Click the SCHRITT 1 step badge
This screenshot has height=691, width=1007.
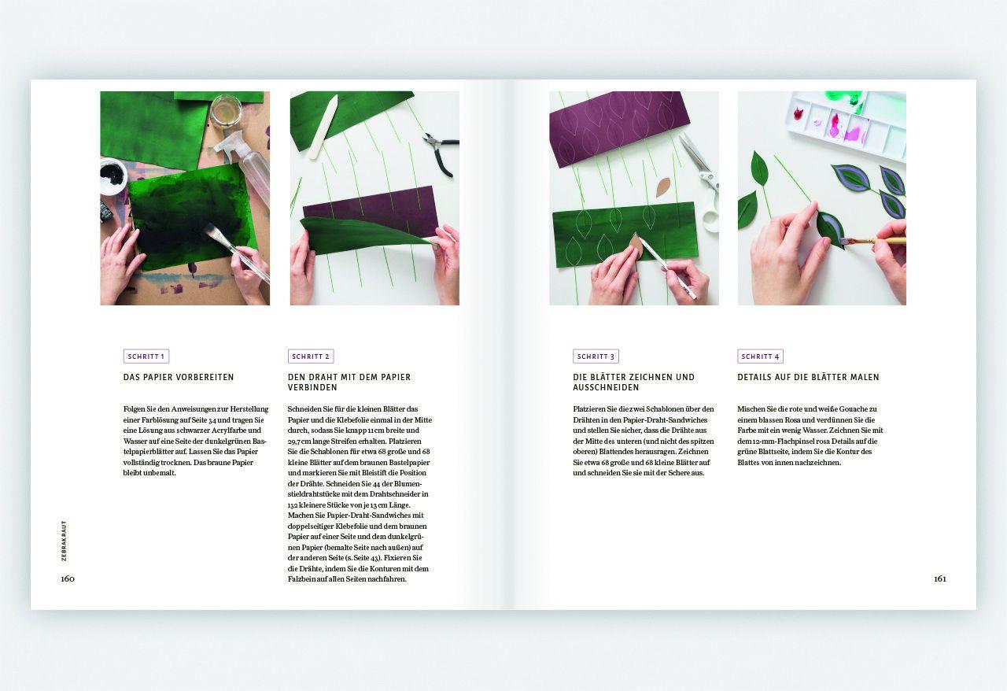[146, 357]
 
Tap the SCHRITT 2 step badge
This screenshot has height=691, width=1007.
[311, 357]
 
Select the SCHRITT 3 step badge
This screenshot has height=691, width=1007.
[596, 357]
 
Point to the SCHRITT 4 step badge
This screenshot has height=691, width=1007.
[760, 357]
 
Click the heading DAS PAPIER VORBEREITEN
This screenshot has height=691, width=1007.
[179, 377]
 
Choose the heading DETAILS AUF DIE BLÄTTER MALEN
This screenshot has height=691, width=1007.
[808, 377]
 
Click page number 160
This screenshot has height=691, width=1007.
[68, 578]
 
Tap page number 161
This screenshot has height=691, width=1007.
[939, 578]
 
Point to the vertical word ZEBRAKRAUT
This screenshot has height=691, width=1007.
[64, 541]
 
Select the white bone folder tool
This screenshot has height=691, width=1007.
[323, 127]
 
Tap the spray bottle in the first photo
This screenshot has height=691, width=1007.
[244, 166]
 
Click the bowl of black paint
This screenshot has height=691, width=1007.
[113, 176]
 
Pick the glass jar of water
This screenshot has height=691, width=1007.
[226, 110]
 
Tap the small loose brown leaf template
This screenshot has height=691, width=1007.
[663, 187]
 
